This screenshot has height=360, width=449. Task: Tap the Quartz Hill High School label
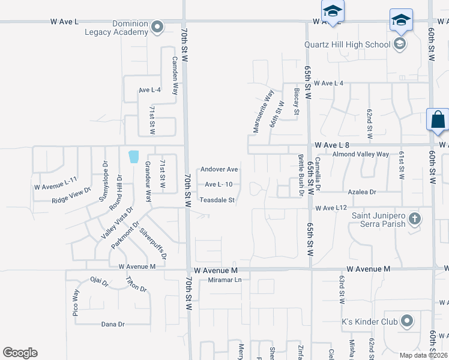pos(348,43)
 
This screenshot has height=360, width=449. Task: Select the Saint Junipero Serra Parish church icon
pos(414,220)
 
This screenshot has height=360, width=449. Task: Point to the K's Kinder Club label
pos(369,322)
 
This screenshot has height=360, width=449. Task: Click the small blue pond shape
pos(133,157)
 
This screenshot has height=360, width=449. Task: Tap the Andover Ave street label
pos(219,170)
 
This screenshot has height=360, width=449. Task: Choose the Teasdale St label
pos(217,200)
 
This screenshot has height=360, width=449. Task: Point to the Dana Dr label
pos(113,324)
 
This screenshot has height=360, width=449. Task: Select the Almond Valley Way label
pos(361,154)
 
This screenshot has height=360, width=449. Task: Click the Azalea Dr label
pos(361,192)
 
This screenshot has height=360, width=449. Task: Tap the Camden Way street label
pos(175,76)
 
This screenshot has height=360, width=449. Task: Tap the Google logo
pos(20,353)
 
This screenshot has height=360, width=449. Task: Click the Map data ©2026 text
pos(423,355)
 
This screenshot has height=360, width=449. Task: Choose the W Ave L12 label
pos(331,208)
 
